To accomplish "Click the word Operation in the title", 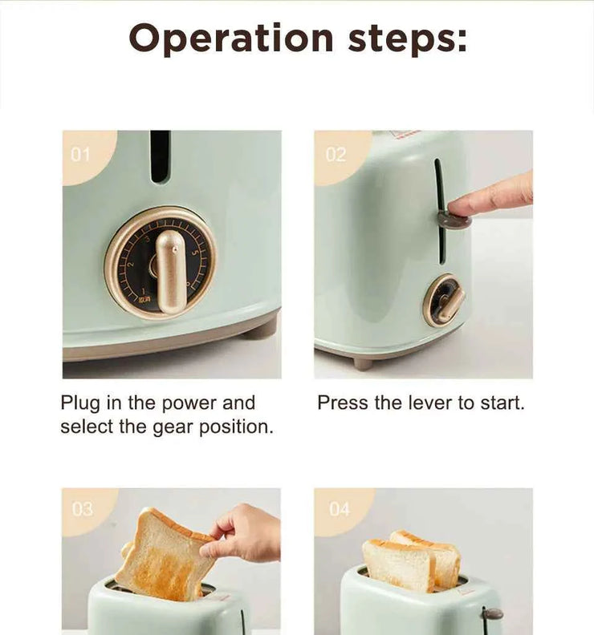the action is pyautogui.click(x=231, y=39).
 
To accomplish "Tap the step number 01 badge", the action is pyautogui.click(x=80, y=154).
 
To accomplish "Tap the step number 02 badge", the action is pyautogui.click(x=336, y=154).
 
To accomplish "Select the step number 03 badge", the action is pyautogui.click(x=83, y=509).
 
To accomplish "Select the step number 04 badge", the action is pyautogui.click(x=340, y=509).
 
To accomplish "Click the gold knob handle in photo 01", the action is pyautogui.click(x=171, y=272).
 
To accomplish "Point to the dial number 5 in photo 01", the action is pyautogui.click(x=193, y=253).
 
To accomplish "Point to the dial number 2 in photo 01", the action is pyautogui.click(x=130, y=264).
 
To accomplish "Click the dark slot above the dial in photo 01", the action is pyautogui.click(x=160, y=156).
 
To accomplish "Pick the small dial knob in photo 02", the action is pyautogui.click(x=443, y=301).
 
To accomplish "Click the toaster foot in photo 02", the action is pyautogui.click(x=363, y=364).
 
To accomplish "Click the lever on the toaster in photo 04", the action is pyautogui.click(x=493, y=615).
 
